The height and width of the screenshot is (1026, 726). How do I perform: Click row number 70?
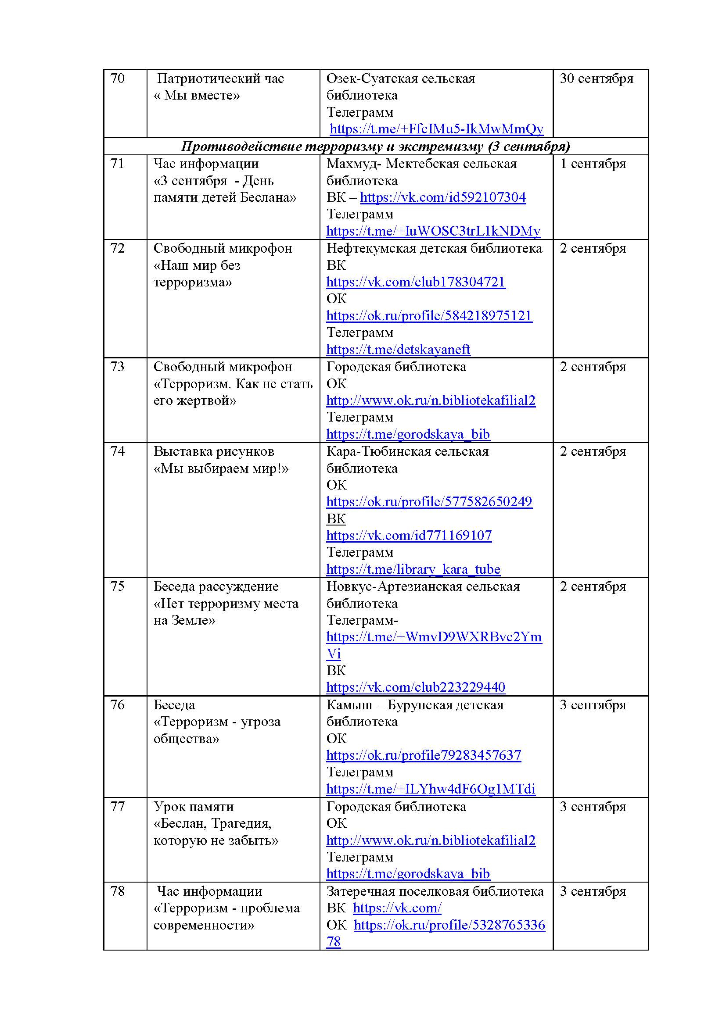(x=117, y=79)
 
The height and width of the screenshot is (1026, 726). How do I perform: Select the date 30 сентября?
(x=597, y=79)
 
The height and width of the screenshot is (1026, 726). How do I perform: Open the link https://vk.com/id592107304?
(x=442, y=197)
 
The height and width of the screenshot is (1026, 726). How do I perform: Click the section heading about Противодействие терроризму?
(x=376, y=147)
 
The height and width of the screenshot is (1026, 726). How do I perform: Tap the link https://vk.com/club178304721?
(x=416, y=282)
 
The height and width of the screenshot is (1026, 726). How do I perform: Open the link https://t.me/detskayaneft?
(x=398, y=350)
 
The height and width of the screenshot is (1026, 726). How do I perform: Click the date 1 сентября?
(x=593, y=164)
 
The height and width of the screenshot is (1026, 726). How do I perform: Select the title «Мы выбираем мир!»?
(x=221, y=468)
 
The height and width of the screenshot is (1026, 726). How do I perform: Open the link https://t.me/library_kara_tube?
(x=413, y=569)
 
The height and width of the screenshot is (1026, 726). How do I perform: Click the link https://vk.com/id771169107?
(x=409, y=535)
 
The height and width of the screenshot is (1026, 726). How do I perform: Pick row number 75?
(x=117, y=586)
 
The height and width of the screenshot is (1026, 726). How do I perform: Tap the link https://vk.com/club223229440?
(x=416, y=687)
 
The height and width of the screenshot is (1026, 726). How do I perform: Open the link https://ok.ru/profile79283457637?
(x=423, y=755)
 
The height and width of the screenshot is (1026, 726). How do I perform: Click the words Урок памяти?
(x=194, y=807)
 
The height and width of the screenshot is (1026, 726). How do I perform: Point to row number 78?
(x=117, y=891)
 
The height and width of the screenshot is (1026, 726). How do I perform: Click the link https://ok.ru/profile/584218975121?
(x=429, y=316)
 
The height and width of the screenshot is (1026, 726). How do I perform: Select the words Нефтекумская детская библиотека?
(x=434, y=248)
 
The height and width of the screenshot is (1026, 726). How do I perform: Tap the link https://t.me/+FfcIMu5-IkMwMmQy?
(x=436, y=129)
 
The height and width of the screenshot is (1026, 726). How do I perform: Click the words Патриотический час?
(x=220, y=79)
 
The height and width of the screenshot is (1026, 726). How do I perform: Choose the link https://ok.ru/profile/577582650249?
(x=429, y=502)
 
